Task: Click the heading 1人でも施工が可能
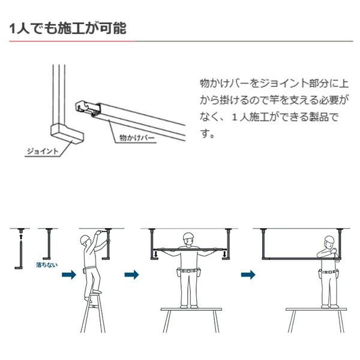coord(68,28)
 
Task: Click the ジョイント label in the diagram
coord(42,151)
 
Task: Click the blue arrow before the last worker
coord(245,274)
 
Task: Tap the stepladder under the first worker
coord(97,312)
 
